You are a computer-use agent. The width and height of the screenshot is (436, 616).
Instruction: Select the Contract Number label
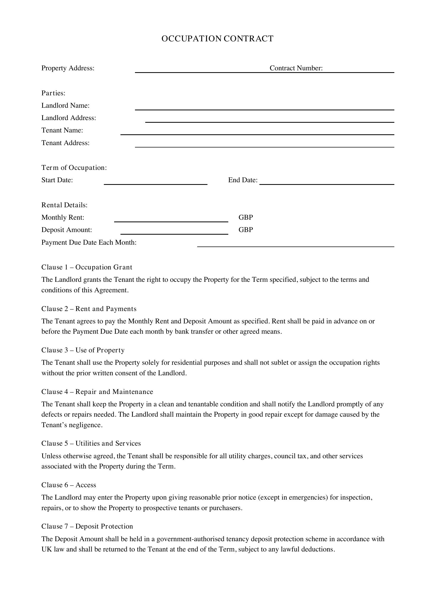coord(296,68)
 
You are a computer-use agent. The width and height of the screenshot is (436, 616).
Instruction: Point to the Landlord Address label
coord(69,118)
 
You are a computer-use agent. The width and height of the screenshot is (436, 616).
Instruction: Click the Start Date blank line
coord(156,184)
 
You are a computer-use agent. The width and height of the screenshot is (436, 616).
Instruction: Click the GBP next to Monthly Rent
coord(246,217)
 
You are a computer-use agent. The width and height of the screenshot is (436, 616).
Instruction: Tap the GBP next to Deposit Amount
coord(246,230)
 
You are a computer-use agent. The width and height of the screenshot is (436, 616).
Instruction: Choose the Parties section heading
coord(54,93)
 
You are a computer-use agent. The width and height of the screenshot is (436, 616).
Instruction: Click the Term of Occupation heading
coord(74,168)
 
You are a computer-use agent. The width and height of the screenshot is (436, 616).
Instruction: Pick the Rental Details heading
coord(64,205)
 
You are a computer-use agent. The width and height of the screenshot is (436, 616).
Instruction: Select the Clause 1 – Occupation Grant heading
coord(87,267)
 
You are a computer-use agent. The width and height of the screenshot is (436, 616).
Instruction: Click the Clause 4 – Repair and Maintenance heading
coord(97,392)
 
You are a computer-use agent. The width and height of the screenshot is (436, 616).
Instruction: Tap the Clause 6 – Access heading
coord(69,485)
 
